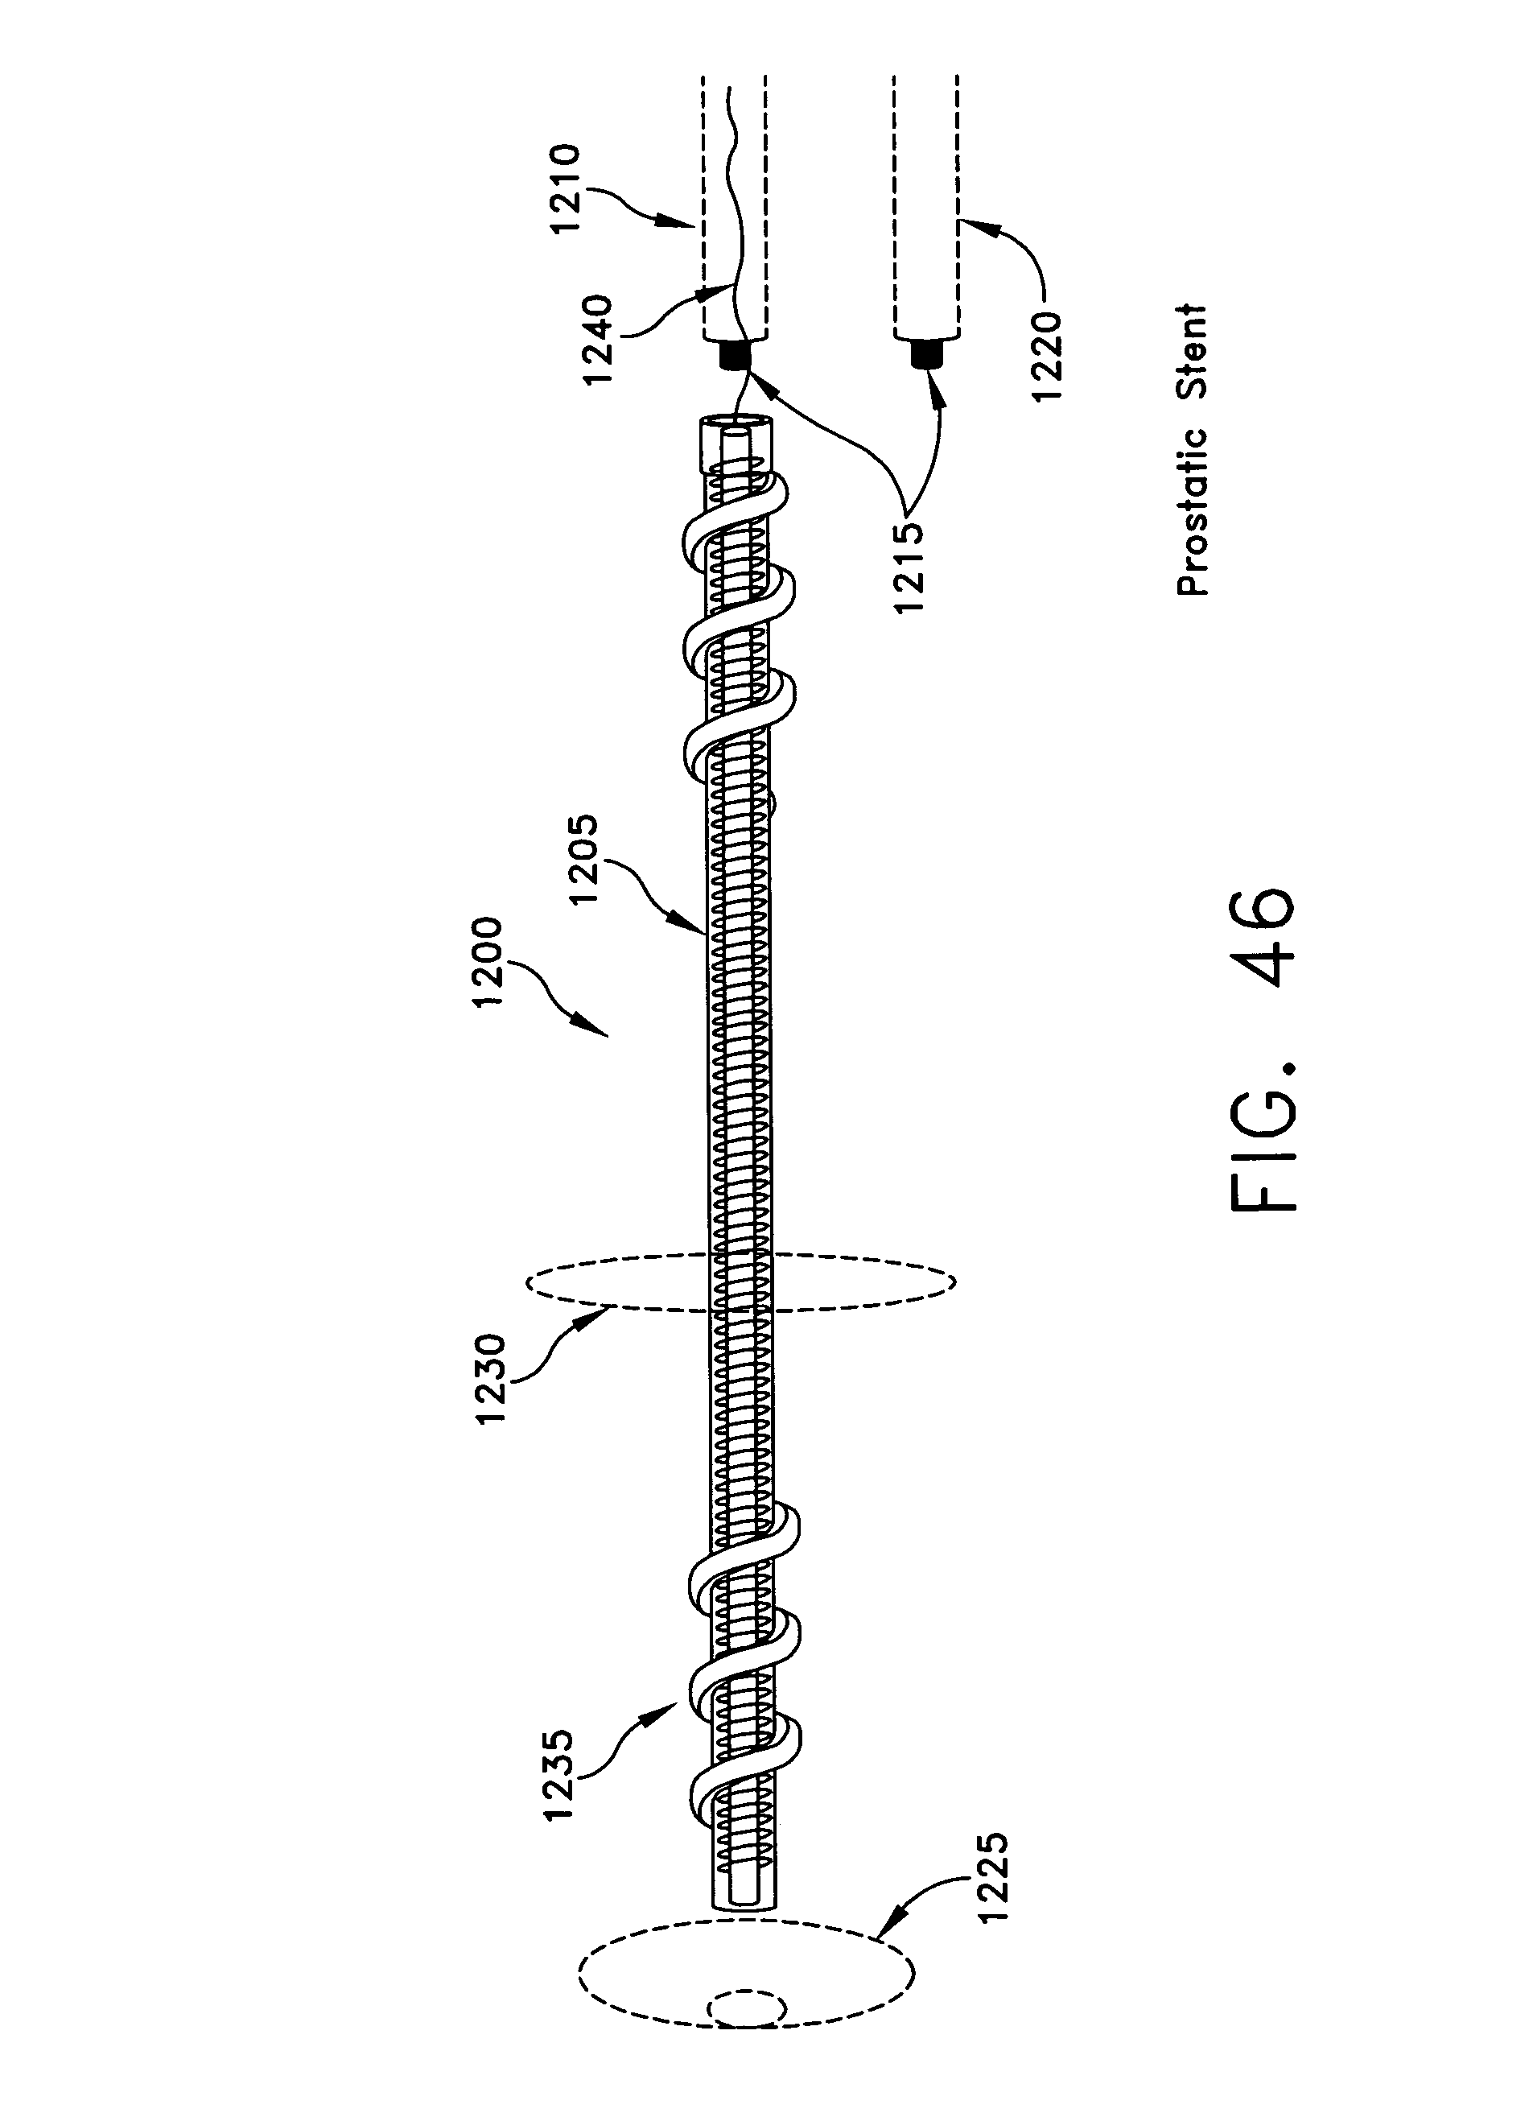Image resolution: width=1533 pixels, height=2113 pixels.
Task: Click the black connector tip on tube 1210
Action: click(x=734, y=355)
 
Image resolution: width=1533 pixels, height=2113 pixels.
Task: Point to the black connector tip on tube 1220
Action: click(x=925, y=355)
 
